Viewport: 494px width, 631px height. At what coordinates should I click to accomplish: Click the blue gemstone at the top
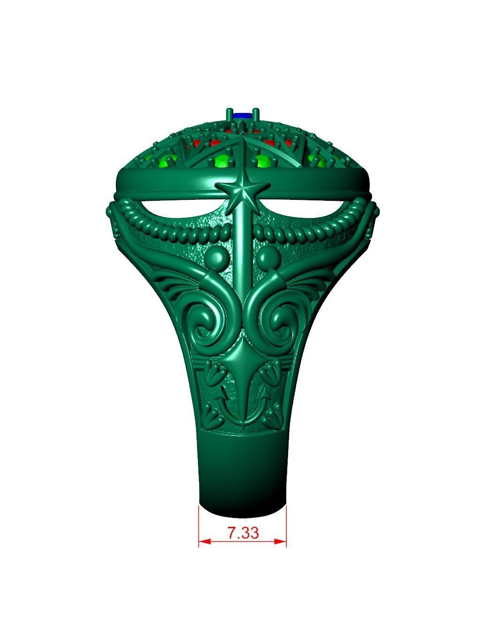tap(243, 114)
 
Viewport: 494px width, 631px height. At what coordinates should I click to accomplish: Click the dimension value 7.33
tap(243, 533)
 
